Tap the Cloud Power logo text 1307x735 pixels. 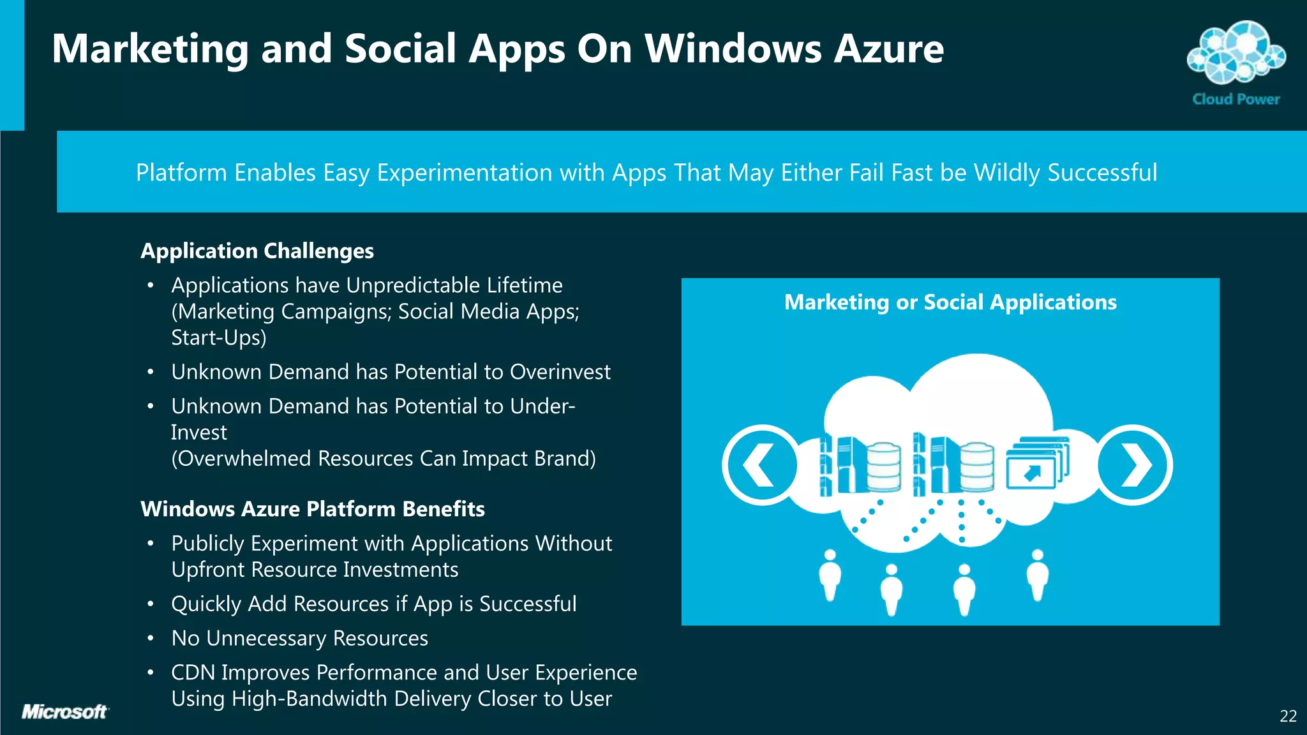(1236, 100)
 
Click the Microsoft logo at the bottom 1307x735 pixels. (64, 712)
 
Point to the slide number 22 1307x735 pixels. (1288, 716)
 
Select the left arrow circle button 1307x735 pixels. (761, 464)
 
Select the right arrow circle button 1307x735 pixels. (1134, 464)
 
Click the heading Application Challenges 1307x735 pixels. (257, 251)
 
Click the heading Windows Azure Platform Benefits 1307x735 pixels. (313, 509)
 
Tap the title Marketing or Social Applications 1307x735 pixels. (950, 302)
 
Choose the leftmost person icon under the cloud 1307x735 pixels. (830, 574)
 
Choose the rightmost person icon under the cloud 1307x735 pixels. (1038, 574)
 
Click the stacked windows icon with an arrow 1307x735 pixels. (1036, 463)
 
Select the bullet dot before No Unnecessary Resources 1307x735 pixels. (151, 638)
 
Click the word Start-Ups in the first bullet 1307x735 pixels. (218, 338)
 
